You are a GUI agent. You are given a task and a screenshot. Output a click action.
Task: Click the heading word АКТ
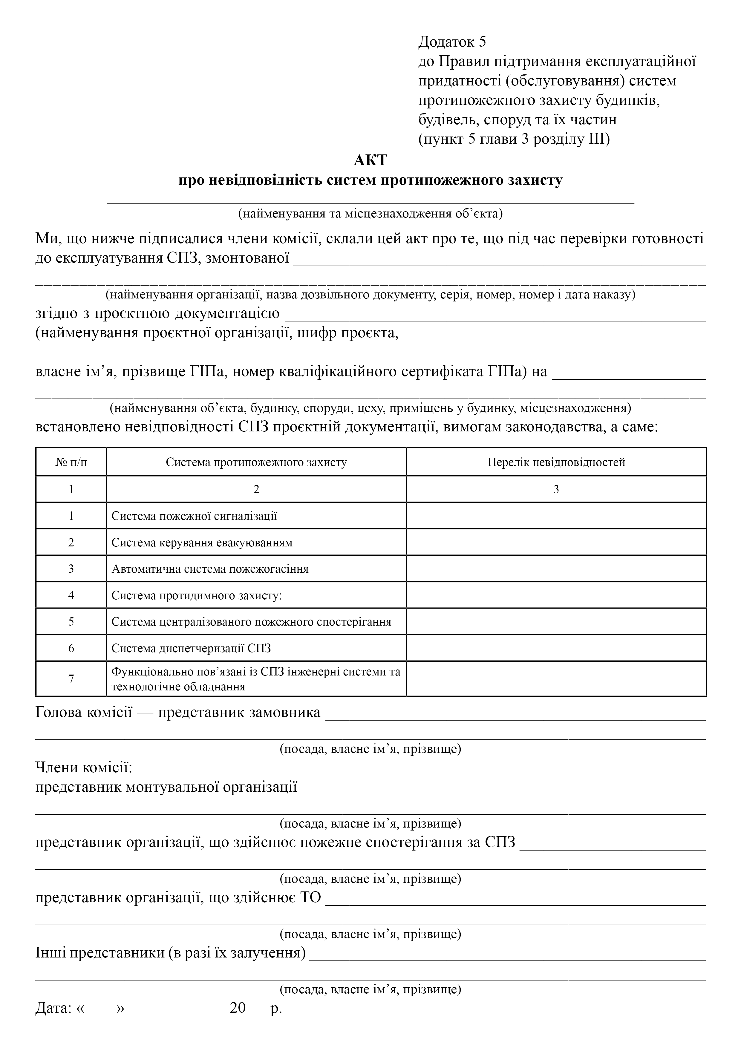(370, 160)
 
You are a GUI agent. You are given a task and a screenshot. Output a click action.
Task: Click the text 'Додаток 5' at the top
(452, 42)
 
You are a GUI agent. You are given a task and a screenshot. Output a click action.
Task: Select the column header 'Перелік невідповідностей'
(556, 462)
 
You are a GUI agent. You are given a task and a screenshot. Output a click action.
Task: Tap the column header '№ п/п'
(71, 462)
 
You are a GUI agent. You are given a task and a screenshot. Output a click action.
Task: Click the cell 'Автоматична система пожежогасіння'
(210, 569)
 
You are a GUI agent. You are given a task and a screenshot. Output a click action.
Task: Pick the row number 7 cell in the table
(71, 679)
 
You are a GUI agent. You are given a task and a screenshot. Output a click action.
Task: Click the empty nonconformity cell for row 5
(556, 622)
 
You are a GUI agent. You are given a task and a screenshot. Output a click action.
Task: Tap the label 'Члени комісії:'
(84, 768)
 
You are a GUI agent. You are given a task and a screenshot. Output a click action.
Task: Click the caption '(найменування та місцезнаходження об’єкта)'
(370, 214)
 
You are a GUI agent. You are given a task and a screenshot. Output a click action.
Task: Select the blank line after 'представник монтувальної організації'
(503, 790)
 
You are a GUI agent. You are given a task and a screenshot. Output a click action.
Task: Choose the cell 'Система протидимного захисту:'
(196, 596)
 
